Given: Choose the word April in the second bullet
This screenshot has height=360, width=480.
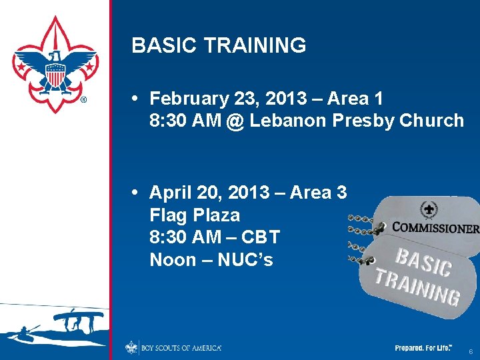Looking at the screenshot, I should (170, 193).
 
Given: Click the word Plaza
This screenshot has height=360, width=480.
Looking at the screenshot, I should (216, 216).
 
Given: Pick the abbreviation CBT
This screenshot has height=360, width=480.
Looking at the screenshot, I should (259, 238).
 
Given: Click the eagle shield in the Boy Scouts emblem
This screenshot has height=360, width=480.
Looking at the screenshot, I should (55, 73).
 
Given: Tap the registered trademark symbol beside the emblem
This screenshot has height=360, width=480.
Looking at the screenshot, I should (83, 101).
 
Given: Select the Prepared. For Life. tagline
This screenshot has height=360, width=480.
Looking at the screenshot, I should (423, 348).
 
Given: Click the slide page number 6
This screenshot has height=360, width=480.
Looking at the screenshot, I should (471, 351).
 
